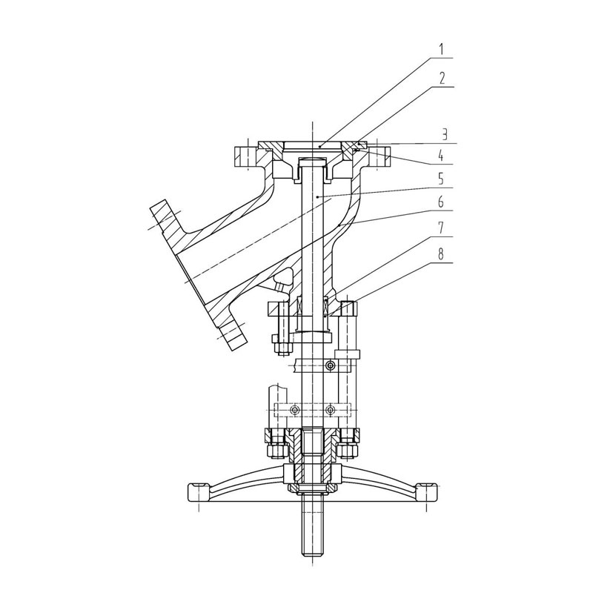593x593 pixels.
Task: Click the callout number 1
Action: coord(442,50)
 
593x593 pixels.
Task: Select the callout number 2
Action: coord(442,79)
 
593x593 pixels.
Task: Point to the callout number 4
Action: coord(441,156)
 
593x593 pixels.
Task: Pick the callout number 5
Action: coord(441,179)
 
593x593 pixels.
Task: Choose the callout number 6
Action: coord(441,202)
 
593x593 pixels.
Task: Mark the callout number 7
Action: coord(441,228)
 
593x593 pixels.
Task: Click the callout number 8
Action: coord(441,254)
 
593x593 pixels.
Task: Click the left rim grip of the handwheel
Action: coord(199,492)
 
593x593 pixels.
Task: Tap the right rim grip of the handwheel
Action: coord(427,492)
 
